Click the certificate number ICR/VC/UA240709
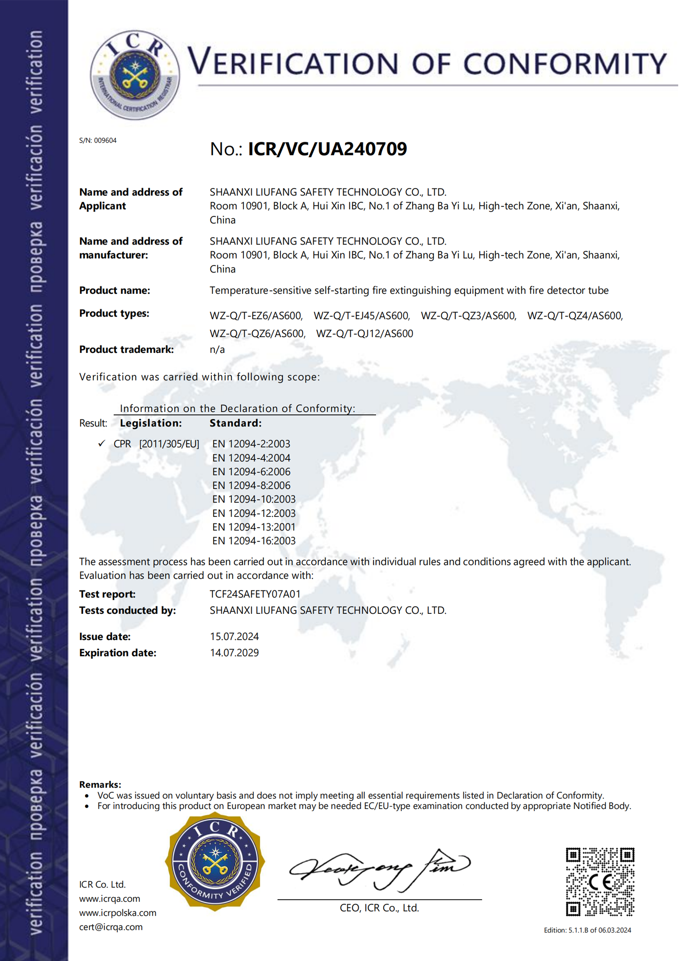[x=327, y=149]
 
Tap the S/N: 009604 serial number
[x=98, y=141]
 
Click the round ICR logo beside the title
[x=135, y=75]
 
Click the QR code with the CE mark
[x=600, y=882]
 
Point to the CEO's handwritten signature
[x=379, y=870]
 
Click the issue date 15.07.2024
[x=234, y=636]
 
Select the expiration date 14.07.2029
[x=234, y=653]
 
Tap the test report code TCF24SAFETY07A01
[x=255, y=595]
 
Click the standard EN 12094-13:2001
[x=254, y=528]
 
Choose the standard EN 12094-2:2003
[x=251, y=444]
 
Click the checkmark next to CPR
[x=101, y=444]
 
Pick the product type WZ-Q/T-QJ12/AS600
[x=365, y=334]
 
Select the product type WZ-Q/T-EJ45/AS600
[x=362, y=316]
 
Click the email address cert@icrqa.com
[x=111, y=927]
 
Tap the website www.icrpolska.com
[x=117, y=913]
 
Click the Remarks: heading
[x=100, y=784]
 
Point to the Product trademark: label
[x=126, y=350]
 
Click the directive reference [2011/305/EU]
[x=169, y=444]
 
